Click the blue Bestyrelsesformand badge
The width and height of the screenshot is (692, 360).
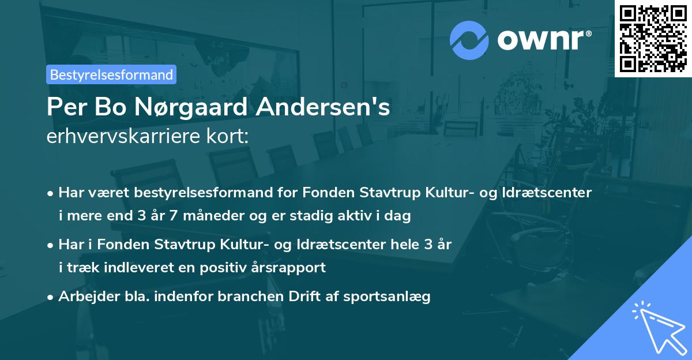(x=111, y=74)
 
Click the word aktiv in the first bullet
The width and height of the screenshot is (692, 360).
(x=366, y=216)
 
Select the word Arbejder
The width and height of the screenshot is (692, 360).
(x=84, y=297)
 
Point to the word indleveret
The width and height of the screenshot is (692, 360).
(x=135, y=268)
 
